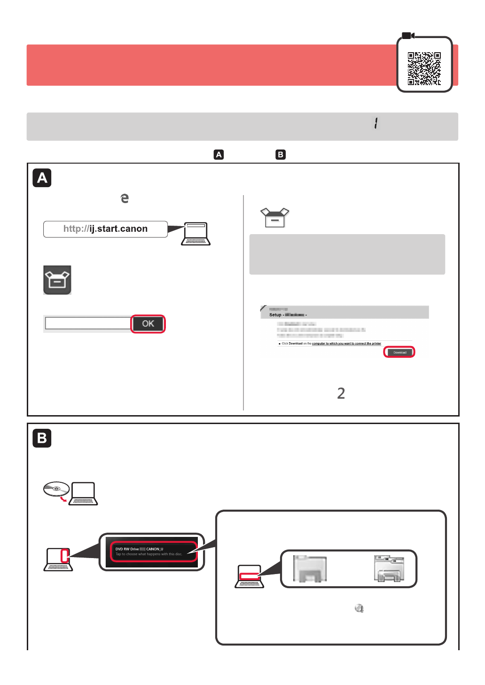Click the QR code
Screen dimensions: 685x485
tap(424, 69)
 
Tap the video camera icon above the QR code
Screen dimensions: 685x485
tap(408, 36)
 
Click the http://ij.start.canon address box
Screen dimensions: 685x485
tap(105, 229)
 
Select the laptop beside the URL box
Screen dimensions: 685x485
tap(196, 234)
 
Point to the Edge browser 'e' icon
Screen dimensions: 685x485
tap(125, 198)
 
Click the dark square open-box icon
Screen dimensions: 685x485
tap(57, 280)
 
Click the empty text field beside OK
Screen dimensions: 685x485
tap(88, 323)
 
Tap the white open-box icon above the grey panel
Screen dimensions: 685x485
tap(275, 217)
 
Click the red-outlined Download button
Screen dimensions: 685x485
tap(399, 352)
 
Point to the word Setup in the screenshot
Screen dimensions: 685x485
tap(275, 315)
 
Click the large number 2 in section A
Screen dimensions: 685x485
tap(341, 393)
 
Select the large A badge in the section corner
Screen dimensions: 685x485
tap(42, 178)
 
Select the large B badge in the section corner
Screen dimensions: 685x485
tap(42, 438)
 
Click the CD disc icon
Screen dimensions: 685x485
tap(56, 489)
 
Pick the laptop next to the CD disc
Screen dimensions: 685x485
tap(83, 494)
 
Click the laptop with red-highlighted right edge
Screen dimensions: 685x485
tap(58, 559)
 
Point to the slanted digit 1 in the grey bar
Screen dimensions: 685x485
tap(376, 123)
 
